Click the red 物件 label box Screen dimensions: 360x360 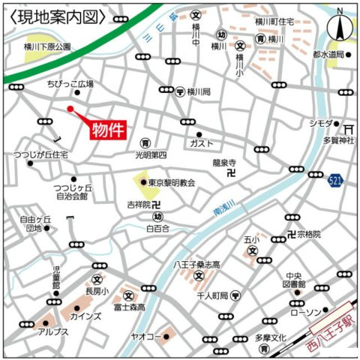pos(107,130)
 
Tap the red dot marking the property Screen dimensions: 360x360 pos(70,109)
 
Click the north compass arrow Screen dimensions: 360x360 pos(340,28)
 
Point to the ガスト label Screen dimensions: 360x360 pos(202,142)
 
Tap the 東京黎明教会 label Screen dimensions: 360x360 pos(171,182)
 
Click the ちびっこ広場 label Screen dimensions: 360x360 pos(70,85)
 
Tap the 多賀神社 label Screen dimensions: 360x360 pos(337,140)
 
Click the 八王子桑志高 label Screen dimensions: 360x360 pos(196,265)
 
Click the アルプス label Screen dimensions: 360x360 pos(53,331)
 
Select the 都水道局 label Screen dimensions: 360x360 pos(328,55)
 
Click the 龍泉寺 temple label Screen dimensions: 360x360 pos(223,161)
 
